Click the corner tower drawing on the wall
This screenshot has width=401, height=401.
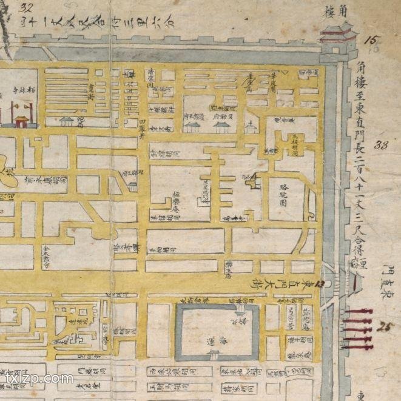pyautogui.click(x=337, y=38)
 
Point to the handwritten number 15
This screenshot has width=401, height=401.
pyautogui.click(x=371, y=41)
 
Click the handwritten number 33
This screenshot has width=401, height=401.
pyautogui.click(x=382, y=145)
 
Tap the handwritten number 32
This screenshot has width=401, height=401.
pyautogui.click(x=25, y=8)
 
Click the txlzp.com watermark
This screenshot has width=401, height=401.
pyautogui.click(x=39, y=379)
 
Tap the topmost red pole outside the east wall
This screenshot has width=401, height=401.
pyautogui.click(x=358, y=311)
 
